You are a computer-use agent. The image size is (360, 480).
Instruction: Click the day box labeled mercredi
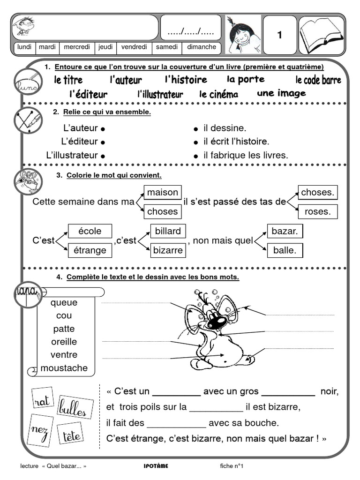pyautogui.click(x=77, y=47)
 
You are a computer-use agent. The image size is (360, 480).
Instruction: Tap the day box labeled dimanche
pyautogui.click(x=202, y=47)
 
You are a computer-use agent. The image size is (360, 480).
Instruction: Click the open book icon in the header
pyautogui.click(x=322, y=35)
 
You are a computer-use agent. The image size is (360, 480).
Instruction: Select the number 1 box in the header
pyautogui.click(x=280, y=35)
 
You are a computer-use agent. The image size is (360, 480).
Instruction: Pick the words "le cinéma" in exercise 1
pyautogui.click(x=218, y=94)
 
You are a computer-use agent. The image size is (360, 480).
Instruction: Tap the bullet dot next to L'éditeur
pyautogui.click(x=102, y=142)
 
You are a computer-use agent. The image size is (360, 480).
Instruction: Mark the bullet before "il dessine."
pyautogui.click(x=196, y=128)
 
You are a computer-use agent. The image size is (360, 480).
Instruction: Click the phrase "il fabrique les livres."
pyautogui.click(x=246, y=155)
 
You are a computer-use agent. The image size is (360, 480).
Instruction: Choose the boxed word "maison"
pyautogui.click(x=162, y=192)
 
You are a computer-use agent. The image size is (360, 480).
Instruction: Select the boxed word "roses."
pyautogui.click(x=317, y=211)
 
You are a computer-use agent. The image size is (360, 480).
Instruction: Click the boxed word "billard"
pyautogui.click(x=167, y=231)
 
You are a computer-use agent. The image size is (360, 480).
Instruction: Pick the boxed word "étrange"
pyautogui.click(x=90, y=250)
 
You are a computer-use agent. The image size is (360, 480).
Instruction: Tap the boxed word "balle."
pyautogui.click(x=285, y=250)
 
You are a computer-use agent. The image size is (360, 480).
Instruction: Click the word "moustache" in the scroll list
pyautogui.click(x=64, y=368)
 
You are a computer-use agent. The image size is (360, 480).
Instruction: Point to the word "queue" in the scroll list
pyautogui.click(x=64, y=302)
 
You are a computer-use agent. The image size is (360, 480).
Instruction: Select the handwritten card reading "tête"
pyautogui.click(x=72, y=436)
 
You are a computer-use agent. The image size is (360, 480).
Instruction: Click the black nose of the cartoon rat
pyautogui.click(x=217, y=322)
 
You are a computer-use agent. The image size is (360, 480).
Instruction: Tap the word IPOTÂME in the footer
pyautogui.click(x=156, y=466)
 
